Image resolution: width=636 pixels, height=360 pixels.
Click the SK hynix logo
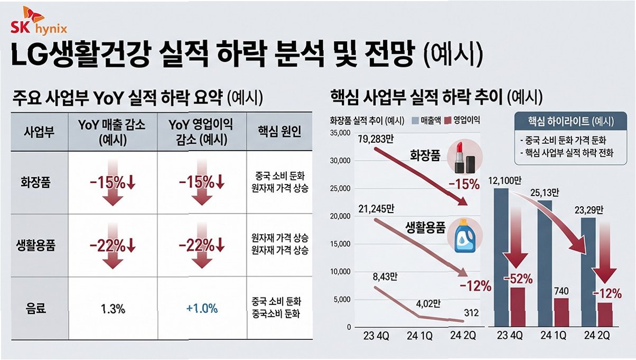(x=39, y=22)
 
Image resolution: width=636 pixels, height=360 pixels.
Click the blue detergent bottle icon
(x=464, y=236)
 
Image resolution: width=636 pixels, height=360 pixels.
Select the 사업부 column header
(x=39, y=132)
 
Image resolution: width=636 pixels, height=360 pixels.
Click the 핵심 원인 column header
(x=279, y=132)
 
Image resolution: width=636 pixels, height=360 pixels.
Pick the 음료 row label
(x=35, y=308)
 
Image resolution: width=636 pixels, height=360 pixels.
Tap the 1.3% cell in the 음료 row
(x=113, y=309)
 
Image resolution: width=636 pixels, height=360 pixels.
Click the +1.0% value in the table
(x=202, y=308)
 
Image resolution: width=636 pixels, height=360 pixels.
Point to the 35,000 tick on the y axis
(x=340, y=133)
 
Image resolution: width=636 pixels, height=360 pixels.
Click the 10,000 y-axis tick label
(x=340, y=272)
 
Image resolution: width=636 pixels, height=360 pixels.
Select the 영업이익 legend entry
(x=462, y=120)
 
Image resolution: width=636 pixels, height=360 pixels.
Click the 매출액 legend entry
(x=426, y=121)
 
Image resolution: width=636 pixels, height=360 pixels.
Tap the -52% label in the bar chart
(x=518, y=279)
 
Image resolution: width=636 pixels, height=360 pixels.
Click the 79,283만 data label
(x=376, y=139)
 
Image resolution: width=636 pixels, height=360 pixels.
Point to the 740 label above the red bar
(x=561, y=291)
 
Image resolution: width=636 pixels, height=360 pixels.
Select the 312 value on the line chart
(x=471, y=313)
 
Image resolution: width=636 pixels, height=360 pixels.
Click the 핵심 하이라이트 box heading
(x=570, y=122)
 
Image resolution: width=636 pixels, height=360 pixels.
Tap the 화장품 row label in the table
(x=35, y=182)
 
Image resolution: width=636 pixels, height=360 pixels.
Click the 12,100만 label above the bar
(x=505, y=180)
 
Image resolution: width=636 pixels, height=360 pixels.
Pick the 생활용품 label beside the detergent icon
(x=425, y=227)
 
